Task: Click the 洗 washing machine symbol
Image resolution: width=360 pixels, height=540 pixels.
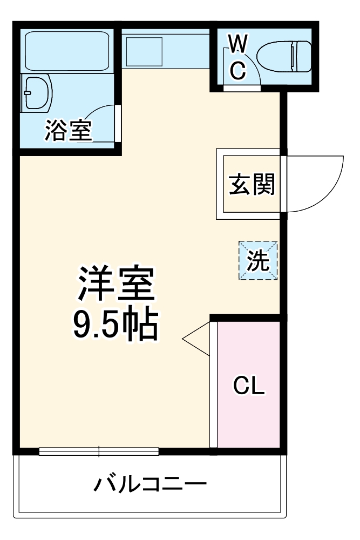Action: pos(258,261)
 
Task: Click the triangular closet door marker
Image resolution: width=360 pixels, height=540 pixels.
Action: pos(197,339)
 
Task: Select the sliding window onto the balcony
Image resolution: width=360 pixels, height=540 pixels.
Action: pos(99,451)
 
